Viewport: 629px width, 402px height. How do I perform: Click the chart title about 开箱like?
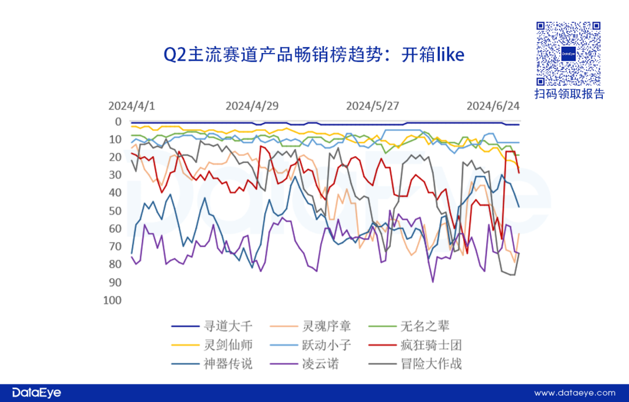[x=314, y=55]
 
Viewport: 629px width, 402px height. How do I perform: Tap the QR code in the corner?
[x=568, y=54]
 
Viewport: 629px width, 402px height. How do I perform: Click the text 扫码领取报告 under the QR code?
[x=569, y=94]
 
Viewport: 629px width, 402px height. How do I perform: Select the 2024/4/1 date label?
[x=132, y=106]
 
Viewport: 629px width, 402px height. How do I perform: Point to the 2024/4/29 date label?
[x=252, y=106]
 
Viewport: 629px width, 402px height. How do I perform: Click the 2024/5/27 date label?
[x=373, y=106]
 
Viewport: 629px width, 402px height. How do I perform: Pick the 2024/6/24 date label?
[x=493, y=106]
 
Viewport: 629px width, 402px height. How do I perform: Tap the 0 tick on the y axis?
[x=118, y=122]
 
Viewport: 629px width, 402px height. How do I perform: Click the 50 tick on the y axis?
[x=115, y=211]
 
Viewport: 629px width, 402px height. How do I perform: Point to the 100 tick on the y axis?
[x=113, y=300]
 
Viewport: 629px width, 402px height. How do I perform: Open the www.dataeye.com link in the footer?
[x=574, y=393]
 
